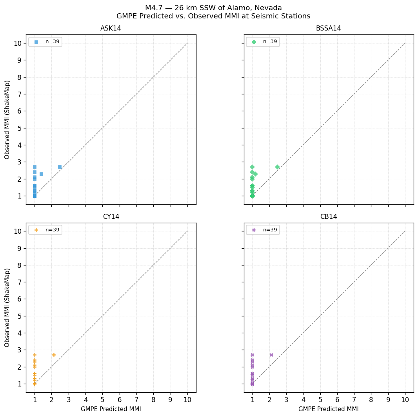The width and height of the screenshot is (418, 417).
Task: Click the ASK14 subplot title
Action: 111,29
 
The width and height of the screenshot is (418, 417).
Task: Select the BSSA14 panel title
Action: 328,29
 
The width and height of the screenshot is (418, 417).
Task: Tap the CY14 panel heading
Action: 111,217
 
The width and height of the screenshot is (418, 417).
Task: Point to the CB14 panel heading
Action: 328,217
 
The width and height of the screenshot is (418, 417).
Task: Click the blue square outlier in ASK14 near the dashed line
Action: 60,167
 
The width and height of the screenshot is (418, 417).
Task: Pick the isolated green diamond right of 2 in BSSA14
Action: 277,167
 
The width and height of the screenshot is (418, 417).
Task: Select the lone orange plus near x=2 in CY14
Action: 54,355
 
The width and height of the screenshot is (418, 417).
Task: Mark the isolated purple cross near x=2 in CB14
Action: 271,355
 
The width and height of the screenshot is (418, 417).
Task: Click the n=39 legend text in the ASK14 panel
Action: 53,42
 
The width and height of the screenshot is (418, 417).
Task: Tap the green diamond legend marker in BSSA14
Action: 254,42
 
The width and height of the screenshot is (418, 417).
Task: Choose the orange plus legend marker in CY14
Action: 36,230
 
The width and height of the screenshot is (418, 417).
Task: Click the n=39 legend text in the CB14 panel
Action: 270,230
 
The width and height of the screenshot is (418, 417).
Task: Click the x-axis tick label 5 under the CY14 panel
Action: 102,400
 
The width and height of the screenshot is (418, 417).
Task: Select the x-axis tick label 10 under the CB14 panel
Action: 405,400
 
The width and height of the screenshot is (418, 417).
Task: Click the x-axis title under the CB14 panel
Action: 328,409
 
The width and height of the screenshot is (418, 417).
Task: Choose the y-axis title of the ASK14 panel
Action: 7,119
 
